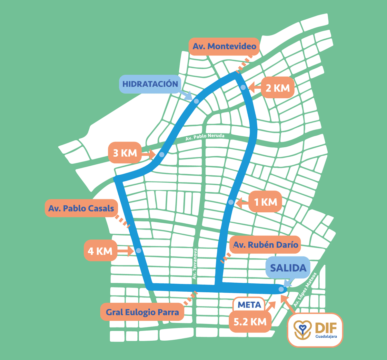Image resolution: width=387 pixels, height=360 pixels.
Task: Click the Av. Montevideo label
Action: click(224, 46)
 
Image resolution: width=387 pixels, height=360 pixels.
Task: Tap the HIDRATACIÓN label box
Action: click(150, 84)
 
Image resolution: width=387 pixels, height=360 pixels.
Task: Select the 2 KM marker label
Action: click(277, 88)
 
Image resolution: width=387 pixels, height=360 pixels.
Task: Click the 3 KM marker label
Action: click(125, 153)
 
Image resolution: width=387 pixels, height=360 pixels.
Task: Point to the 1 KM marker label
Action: click(265, 202)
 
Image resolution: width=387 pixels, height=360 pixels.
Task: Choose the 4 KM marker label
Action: click(100, 250)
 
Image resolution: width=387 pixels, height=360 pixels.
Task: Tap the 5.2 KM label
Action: click(250, 321)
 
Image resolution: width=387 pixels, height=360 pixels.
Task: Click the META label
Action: click(249, 305)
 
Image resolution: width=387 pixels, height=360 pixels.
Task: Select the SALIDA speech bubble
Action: click(288, 268)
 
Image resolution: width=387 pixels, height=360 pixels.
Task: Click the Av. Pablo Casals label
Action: click(81, 208)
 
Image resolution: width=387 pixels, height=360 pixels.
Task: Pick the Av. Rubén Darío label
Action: click(265, 245)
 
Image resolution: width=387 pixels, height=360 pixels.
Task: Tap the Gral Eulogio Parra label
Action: click(142, 312)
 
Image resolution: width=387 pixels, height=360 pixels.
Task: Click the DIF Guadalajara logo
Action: click(315, 330)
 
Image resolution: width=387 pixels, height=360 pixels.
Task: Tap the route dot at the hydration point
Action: click(196, 101)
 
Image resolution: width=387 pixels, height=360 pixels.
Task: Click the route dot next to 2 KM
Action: click(243, 87)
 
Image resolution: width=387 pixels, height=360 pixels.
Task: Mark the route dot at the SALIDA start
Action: click(281, 289)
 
